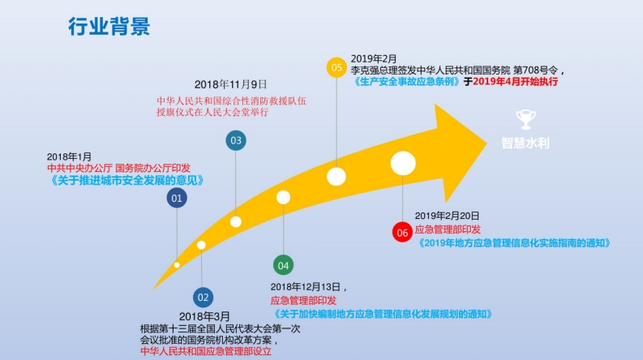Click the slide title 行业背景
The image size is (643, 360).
pos(109,27)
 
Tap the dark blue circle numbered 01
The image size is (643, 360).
pos(177,198)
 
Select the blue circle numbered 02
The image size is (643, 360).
pos(203,298)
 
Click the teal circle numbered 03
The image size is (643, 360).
pos(236,140)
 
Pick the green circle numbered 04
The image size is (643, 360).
pos(283,265)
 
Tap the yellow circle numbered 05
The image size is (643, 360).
pos(337,67)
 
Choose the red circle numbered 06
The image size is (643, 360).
pos(402,233)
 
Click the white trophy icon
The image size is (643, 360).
pos(525,119)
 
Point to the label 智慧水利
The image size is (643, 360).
pos(525,143)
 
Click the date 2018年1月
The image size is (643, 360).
pos(69,156)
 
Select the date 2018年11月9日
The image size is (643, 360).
pos(230,84)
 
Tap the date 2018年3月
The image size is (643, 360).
pos(204,316)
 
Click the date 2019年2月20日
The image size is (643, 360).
pos(447,216)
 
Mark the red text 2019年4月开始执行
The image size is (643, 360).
pos(516,82)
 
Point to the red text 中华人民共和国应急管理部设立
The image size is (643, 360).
pos(206,351)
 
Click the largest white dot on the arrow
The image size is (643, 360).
pos(403,163)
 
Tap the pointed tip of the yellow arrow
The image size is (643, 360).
pos(487,143)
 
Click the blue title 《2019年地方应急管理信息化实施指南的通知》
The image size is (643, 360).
pos(514,243)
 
